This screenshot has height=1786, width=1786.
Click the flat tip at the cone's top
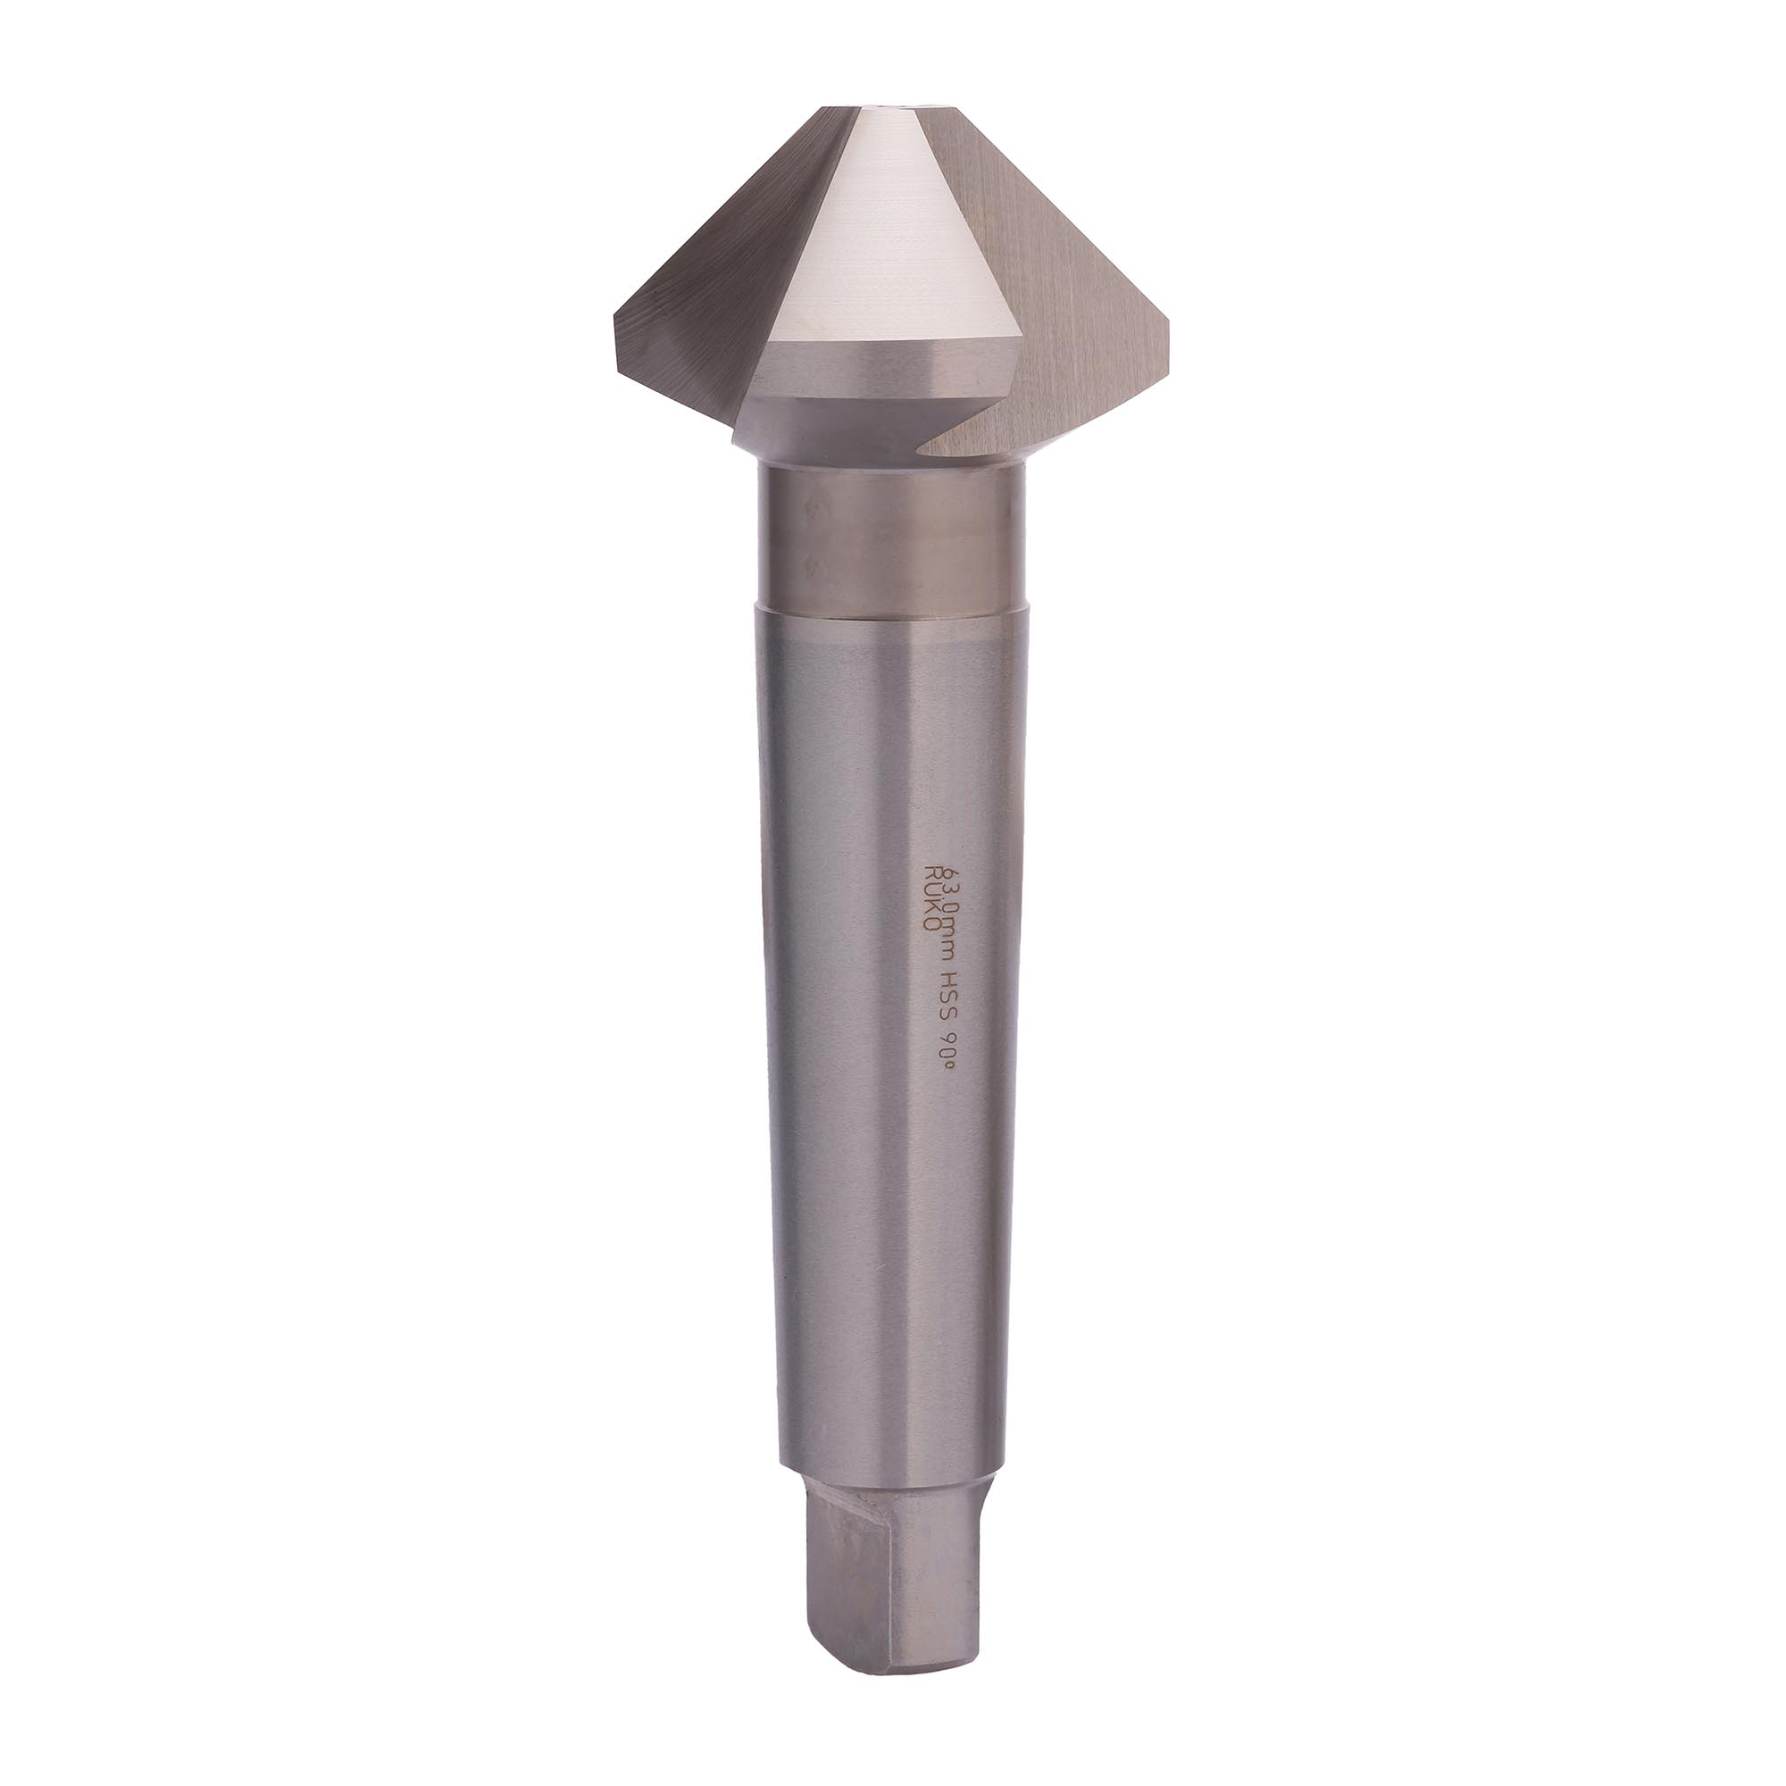tap(892, 110)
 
